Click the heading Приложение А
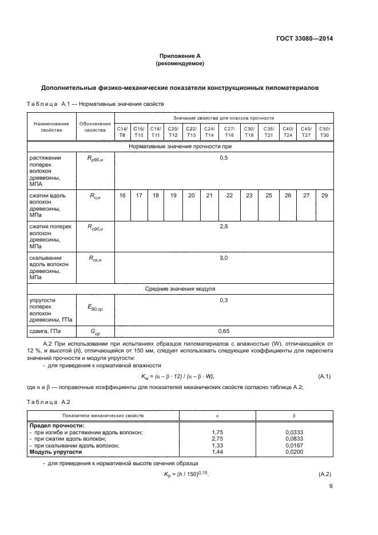180,56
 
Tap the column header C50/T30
324,132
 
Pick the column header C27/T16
229,132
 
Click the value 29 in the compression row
324,196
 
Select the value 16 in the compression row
122,196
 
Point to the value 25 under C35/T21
269,196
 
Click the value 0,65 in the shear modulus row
224,331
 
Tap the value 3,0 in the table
224,259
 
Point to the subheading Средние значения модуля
180,288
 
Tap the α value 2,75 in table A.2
217,438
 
